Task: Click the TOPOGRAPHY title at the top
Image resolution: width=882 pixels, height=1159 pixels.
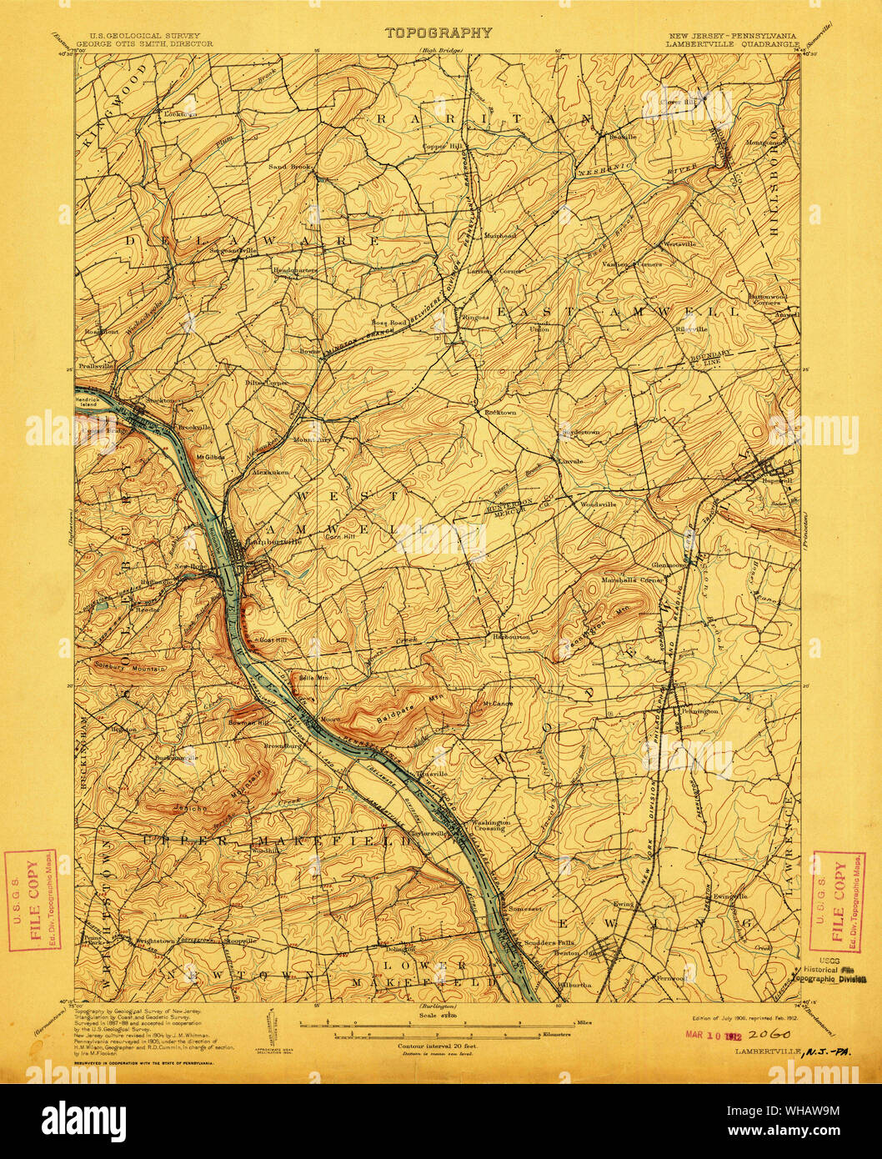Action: coord(438,33)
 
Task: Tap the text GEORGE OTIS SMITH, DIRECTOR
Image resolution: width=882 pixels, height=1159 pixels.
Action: coord(144,43)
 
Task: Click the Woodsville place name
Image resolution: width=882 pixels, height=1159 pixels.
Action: coord(597,505)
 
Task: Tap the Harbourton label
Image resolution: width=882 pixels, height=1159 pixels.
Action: coord(511,637)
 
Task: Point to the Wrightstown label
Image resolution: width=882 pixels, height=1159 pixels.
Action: coord(155,940)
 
